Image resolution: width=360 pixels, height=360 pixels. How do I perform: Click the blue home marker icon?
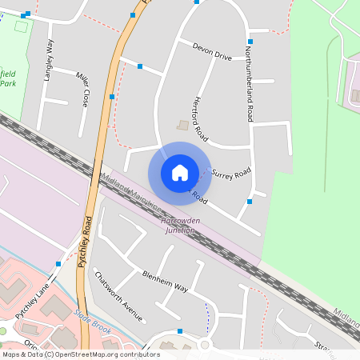point(180,172)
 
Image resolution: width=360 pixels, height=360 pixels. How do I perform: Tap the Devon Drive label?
point(212,53)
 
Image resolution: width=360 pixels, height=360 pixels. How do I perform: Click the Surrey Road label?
point(232,173)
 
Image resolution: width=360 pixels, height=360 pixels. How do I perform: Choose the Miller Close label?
point(82,89)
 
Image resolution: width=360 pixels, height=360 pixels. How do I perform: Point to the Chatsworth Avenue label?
point(118,296)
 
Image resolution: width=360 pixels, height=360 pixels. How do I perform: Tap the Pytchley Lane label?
point(31,297)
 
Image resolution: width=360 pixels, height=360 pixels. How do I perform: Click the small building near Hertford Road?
point(183,126)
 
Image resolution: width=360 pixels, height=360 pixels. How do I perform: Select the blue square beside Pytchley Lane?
point(58,263)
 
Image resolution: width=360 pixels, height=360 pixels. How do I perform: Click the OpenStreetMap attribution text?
point(80,354)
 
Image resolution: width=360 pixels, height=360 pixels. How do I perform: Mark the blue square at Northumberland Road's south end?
point(250,202)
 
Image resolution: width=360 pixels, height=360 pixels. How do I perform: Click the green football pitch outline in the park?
point(20,26)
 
